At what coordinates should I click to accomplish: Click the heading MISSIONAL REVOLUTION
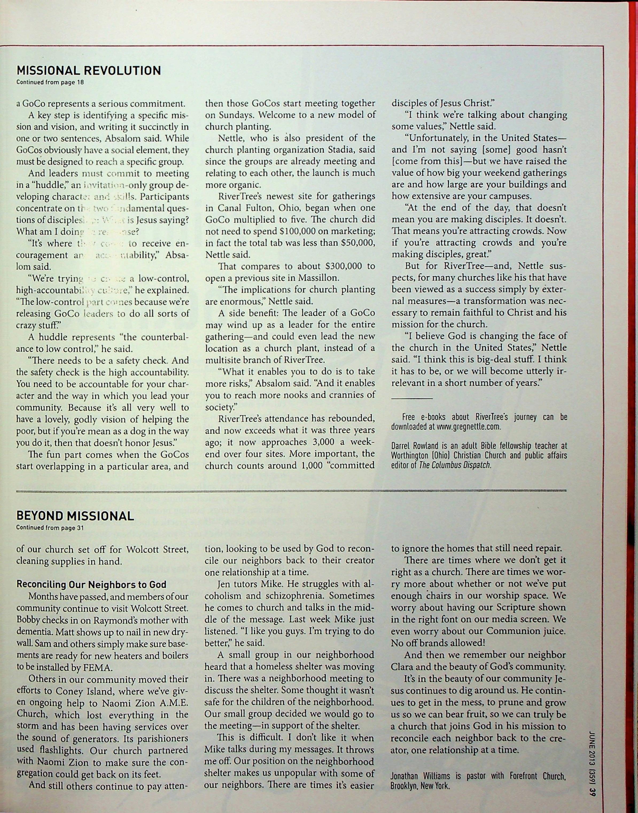(89, 70)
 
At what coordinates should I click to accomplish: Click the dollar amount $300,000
(350, 266)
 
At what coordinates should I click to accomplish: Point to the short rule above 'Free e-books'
(412, 399)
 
